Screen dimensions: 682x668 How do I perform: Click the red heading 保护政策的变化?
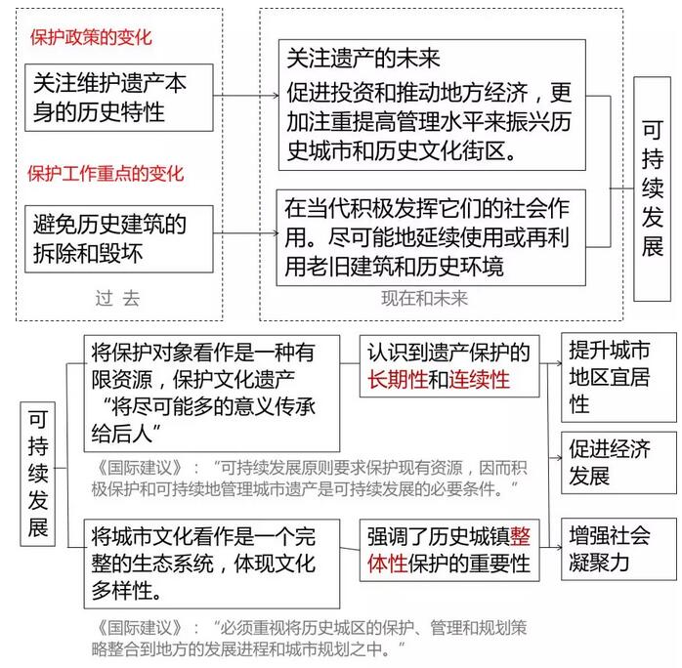pyautogui.click(x=91, y=37)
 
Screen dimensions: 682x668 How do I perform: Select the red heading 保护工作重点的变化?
pyautogui.click(x=106, y=174)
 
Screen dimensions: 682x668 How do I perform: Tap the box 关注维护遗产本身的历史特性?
pyautogui.click(x=119, y=98)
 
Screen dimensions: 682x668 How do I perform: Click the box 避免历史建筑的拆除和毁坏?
pyautogui.click(x=119, y=239)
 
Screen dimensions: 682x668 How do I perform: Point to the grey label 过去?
pyautogui.click(x=117, y=299)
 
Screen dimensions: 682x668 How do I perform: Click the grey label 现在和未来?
pyautogui.click(x=424, y=299)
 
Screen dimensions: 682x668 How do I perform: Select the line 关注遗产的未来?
pyautogui.click(x=363, y=59)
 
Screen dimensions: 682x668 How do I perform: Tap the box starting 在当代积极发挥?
pyautogui.click(x=431, y=237)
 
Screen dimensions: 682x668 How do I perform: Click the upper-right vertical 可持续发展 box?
pyautogui.click(x=652, y=189)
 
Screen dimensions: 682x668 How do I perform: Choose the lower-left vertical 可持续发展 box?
pyautogui.click(x=38, y=474)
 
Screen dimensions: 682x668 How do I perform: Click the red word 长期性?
pyautogui.click(x=398, y=380)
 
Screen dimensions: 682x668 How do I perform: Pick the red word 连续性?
pyautogui.click(x=479, y=380)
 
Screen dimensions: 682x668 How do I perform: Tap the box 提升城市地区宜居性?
pyautogui.click(x=618, y=377)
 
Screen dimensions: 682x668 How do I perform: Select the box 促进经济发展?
pyautogui.click(x=618, y=463)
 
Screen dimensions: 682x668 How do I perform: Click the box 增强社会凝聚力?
pyautogui.click(x=618, y=549)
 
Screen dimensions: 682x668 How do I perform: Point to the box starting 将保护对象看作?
pyautogui.click(x=212, y=394)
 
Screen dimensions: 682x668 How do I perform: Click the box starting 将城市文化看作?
pyautogui.click(x=212, y=564)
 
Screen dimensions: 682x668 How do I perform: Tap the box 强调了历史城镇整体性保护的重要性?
pyautogui.click(x=449, y=550)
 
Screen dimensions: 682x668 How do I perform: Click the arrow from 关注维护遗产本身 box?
pyautogui.click(x=246, y=95)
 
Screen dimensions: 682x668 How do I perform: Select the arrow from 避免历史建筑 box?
pyautogui.click(x=246, y=233)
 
